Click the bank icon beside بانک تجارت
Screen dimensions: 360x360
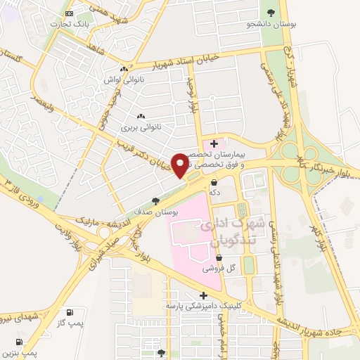click(x=67, y=13)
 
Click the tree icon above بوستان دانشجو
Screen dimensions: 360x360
click(x=271, y=12)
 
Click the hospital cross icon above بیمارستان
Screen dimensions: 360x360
click(x=214, y=143)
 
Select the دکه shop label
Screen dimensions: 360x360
click(x=213, y=191)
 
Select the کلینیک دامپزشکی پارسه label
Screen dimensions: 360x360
click(x=204, y=307)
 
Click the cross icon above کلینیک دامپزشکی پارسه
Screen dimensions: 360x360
click(x=203, y=296)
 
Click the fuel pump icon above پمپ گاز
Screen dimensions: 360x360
click(x=69, y=312)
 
